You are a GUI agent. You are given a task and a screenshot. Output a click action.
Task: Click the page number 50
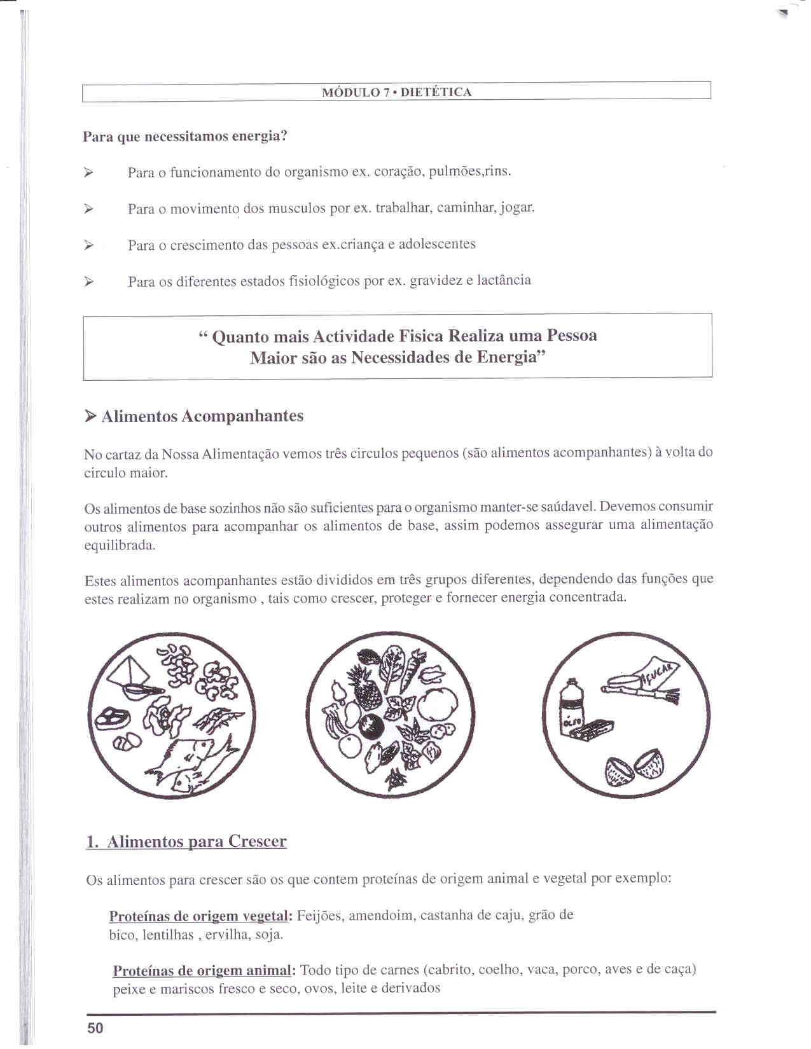coord(95,1028)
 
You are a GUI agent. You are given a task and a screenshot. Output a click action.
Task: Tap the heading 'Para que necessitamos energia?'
coord(185,137)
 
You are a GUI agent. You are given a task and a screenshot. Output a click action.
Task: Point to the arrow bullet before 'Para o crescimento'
coord(89,245)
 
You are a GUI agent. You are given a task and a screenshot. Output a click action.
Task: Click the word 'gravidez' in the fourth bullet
coord(436,280)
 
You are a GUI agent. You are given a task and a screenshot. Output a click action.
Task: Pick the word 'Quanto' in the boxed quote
coord(240,336)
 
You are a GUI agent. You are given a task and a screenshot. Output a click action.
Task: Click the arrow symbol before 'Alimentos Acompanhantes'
coord(90,416)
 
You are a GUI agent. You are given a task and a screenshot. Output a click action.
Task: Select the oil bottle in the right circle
coord(571,706)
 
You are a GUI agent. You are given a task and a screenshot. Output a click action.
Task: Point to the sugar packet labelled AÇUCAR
coord(656,673)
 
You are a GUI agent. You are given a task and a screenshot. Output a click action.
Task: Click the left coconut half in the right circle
coord(618,771)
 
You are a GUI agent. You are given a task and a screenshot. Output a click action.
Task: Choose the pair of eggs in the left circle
coord(128,741)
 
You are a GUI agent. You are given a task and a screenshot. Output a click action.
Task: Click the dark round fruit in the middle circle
coord(370,727)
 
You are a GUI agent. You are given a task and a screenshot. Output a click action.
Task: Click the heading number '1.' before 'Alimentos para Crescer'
coord(93,842)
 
